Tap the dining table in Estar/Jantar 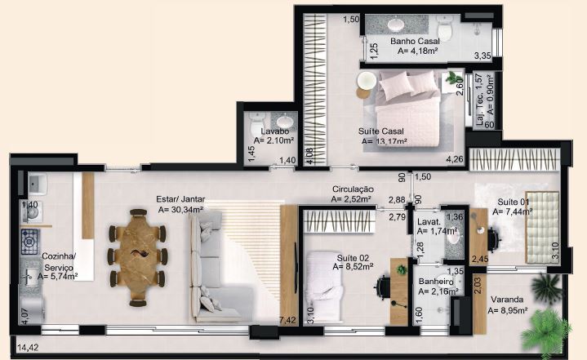click(137, 257)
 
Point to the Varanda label click(507, 300)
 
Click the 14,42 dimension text click(28, 348)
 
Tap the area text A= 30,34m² click(180, 210)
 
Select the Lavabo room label click(275, 131)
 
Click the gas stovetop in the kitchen click(29, 242)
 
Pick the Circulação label click(353, 189)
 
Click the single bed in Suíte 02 click(324, 287)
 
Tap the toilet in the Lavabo click(257, 122)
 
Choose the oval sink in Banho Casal click(396, 24)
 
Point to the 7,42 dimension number click(287, 320)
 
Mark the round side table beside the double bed click(367, 81)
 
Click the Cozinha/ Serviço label click(59, 262)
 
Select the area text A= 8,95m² click(508, 310)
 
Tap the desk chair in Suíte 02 click(382, 287)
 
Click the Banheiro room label click(436, 282)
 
